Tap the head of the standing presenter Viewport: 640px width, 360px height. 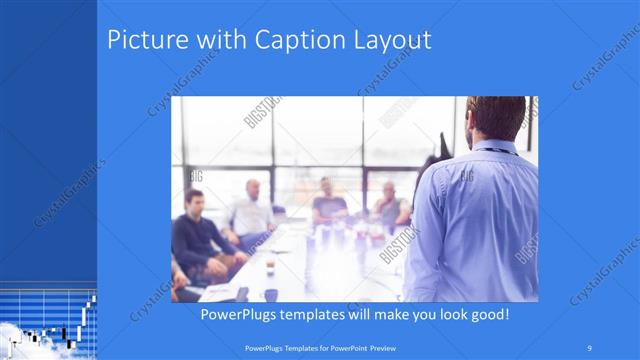497,119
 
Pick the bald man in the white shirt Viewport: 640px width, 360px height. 250,210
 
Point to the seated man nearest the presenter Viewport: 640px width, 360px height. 389,205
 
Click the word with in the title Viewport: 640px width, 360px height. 207,41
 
